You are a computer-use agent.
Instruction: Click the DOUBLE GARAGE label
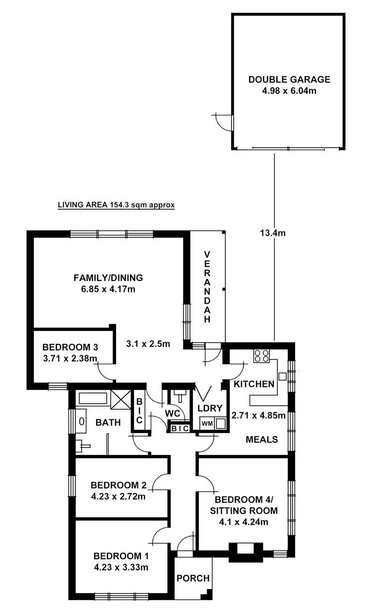pyautogui.click(x=289, y=79)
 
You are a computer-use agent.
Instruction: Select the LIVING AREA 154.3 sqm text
pyautogui.click(x=116, y=204)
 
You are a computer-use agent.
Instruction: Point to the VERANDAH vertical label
pyautogui.click(x=207, y=287)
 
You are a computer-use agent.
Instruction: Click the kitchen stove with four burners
pyautogui.click(x=261, y=356)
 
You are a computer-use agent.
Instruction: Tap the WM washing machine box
pyautogui.click(x=205, y=423)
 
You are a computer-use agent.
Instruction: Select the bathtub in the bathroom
pyautogui.click(x=93, y=398)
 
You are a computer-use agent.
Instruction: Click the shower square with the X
pyautogui.click(x=120, y=399)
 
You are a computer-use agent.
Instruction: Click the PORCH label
pyautogui.click(x=193, y=578)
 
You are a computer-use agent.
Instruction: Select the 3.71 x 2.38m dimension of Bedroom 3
pyautogui.click(x=69, y=358)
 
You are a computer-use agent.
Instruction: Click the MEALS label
pyautogui.click(x=262, y=439)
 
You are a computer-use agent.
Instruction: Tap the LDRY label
pyautogui.click(x=208, y=408)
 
